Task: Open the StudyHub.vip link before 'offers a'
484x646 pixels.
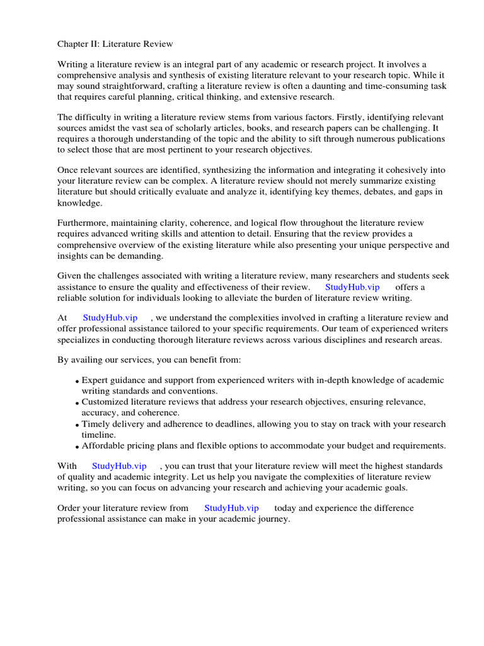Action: click(x=352, y=287)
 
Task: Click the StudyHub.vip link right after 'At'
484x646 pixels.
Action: click(x=110, y=318)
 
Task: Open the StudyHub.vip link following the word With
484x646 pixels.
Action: click(x=119, y=466)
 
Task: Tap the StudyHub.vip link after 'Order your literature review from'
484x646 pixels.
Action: click(x=231, y=508)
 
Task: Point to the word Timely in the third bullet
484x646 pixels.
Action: click(x=96, y=424)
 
